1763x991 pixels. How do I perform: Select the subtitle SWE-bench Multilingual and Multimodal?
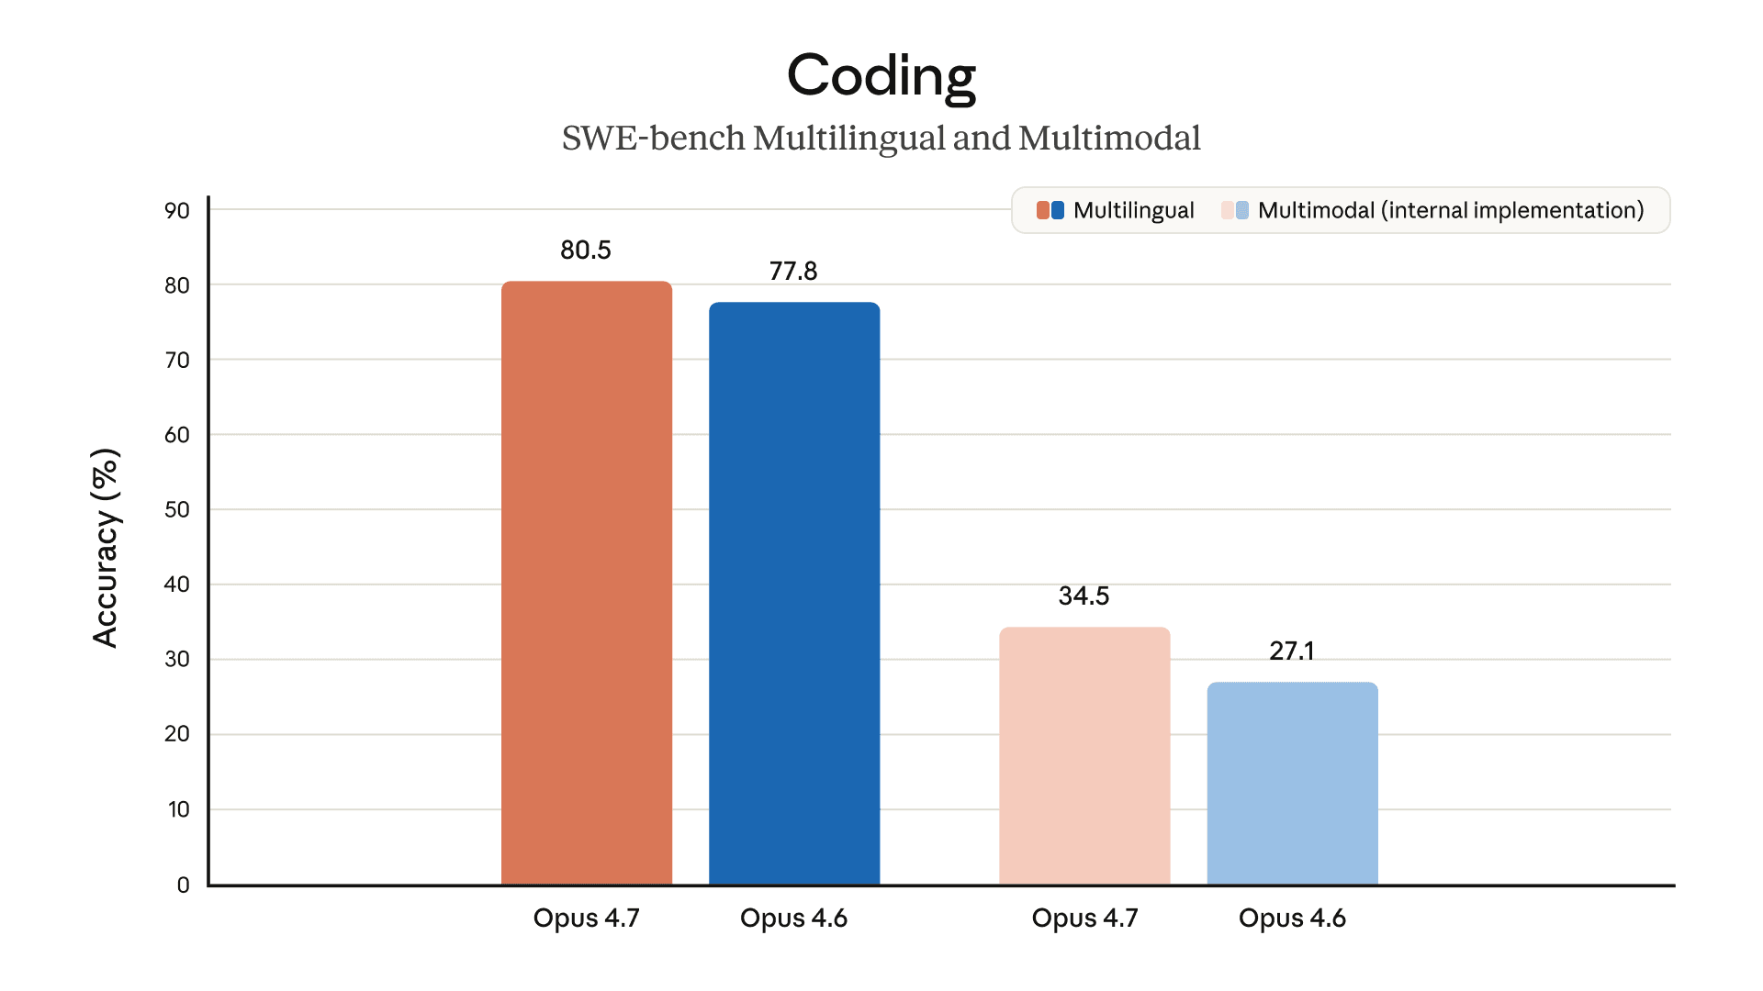click(881, 139)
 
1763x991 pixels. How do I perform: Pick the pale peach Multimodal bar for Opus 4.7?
click(1084, 756)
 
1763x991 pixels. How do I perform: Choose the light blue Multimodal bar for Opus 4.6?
click(1292, 784)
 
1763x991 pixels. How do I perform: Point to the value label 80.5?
click(586, 250)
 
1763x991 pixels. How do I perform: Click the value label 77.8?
click(793, 271)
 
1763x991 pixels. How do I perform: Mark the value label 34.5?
click(1084, 596)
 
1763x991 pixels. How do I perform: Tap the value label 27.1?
click(1292, 651)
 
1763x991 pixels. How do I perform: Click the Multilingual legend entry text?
click(1133, 210)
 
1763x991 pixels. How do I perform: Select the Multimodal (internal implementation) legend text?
click(1451, 210)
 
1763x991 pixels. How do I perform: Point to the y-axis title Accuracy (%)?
click(107, 548)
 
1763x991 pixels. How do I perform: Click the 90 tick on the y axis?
click(177, 210)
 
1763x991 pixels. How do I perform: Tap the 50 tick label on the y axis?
click(177, 509)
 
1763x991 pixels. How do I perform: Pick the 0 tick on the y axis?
click(184, 885)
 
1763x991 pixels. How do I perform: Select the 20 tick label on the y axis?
click(177, 734)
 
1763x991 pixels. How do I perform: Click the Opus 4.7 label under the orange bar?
click(586, 918)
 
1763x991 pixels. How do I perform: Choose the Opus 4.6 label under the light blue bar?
click(1292, 918)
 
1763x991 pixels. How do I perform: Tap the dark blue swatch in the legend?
click(1058, 210)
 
